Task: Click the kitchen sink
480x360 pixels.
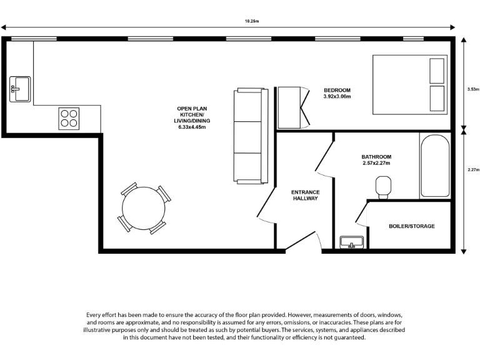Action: click(20, 89)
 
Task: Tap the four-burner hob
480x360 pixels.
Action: click(69, 118)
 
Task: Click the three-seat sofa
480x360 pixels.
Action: click(249, 136)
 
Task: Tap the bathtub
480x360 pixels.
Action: click(434, 166)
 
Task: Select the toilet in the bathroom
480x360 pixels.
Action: click(382, 186)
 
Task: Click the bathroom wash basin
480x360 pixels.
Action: click(351, 242)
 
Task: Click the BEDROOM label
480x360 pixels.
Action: click(337, 89)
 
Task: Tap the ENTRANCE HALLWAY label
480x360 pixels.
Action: click(306, 195)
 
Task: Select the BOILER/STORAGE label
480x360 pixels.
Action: click(411, 226)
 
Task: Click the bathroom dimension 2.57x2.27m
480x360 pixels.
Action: click(376, 163)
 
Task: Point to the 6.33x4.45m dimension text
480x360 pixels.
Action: click(192, 127)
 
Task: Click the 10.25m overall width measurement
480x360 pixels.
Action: click(251, 21)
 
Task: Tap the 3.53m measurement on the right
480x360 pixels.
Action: click(472, 89)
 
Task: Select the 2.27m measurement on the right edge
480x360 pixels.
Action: click(472, 168)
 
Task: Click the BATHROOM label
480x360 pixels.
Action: click(376, 156)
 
